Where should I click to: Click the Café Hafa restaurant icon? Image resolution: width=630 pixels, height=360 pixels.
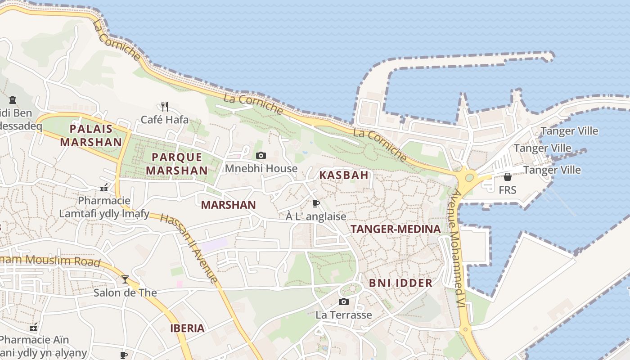coord(165,107)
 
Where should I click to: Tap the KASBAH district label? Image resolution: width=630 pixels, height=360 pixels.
coord(344,175)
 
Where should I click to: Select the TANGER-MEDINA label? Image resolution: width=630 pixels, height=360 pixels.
coord(396,229)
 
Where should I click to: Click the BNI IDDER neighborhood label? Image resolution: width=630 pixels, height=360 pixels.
coord(400,283)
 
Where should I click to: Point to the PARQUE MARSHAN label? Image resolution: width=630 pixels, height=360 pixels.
coord(177,164)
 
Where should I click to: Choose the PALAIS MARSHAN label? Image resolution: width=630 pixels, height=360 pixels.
coord(91,135)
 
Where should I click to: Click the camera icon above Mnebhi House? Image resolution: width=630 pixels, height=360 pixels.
coord(261,156)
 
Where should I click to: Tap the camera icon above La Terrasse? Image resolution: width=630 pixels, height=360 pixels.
coord(344,301)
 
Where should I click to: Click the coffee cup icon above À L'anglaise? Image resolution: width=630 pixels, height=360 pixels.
coord(315,203)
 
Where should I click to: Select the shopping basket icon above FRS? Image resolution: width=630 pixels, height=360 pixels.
coord(507,177)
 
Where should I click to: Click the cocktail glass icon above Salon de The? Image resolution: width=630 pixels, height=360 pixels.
coord(125,279)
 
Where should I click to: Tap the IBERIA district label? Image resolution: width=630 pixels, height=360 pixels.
coord(187,328)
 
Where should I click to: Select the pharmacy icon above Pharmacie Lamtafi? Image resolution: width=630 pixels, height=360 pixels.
coord(104,188)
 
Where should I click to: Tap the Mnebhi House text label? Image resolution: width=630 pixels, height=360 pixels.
coord(261,169)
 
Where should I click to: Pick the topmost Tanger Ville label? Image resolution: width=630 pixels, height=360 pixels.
coord(569,131)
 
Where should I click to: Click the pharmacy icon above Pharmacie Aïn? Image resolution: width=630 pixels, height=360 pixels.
coord(33,327)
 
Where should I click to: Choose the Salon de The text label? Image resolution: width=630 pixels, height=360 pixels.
coord(125,293)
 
